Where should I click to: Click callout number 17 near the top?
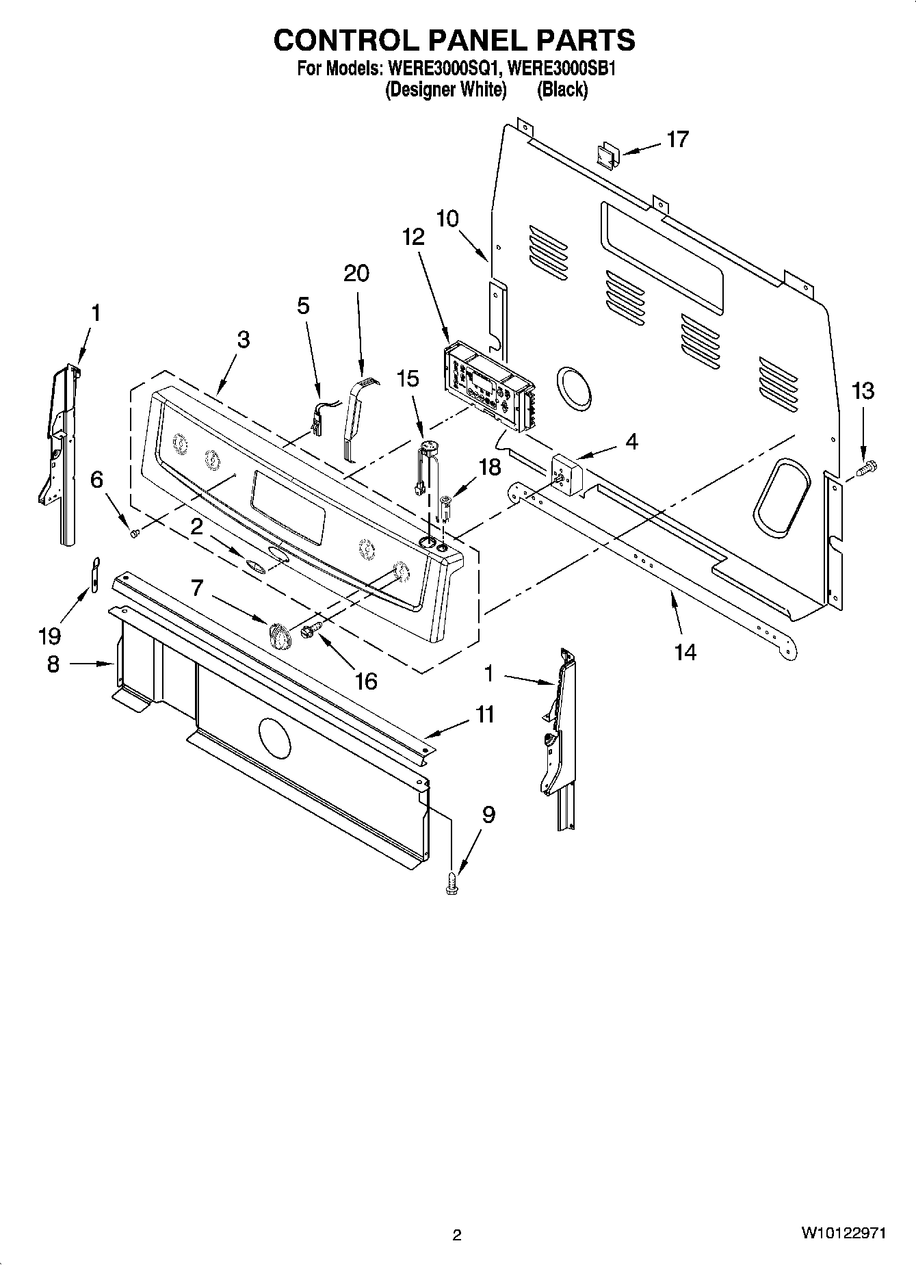pyautogui.click(x=677, y=140)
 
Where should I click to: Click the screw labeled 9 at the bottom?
pyautogui.click(x=451, y=883)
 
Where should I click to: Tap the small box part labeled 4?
pyautogui.click(x=566, y=472)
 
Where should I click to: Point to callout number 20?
pyautogui.click(x=356, y=273)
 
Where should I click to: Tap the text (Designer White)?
pyautogui.click(x=445, y=90)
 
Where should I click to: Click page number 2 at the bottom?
pyautogui.click(x=457, y=1235)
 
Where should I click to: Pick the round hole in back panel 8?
pyautogui.click(x=274, y=738)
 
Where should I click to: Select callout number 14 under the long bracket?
pyautogui.click(x=685, y=652)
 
